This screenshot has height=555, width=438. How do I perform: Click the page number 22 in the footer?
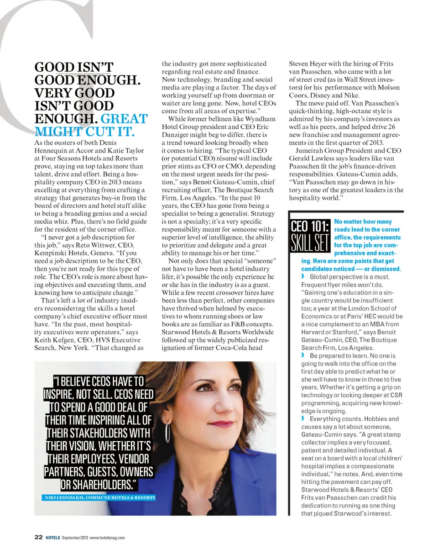tap(39, 537)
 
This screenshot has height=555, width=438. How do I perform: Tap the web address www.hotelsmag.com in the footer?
tap(107, 538)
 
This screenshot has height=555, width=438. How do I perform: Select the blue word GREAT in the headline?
tap(124, 119)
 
